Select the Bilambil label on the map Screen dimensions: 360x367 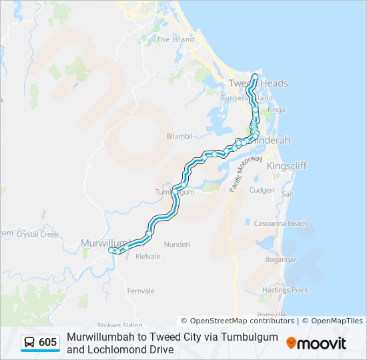pyautogui.click(x=179, y=136)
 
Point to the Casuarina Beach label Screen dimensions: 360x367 pyautogui.click(x=281, y=224)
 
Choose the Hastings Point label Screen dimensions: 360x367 pyautogui.click(x=285, y=290)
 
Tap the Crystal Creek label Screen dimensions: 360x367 pyautogui.click(x=37, y=235)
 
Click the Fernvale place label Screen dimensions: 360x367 pyautogui.click(x=140, y=291)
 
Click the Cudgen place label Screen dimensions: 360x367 pyautogui.click(x=261, y=190)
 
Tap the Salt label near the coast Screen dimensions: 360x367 pyautogui.click(x=288, y=194)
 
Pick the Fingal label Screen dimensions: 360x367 pyautogui.click(x=276, y=110)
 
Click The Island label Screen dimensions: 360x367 pyautogui.click(x=175, y=39)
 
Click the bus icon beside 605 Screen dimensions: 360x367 pyautogui.click(x=30, y=343)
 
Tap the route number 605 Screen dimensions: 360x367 pyautogui.click(x=48, y=343)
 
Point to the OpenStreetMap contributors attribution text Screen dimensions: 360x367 pyautogui.click(x=238, y=321)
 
